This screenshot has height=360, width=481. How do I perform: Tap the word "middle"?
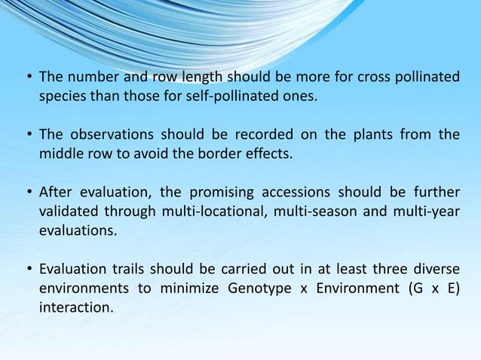coord(60,154)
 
